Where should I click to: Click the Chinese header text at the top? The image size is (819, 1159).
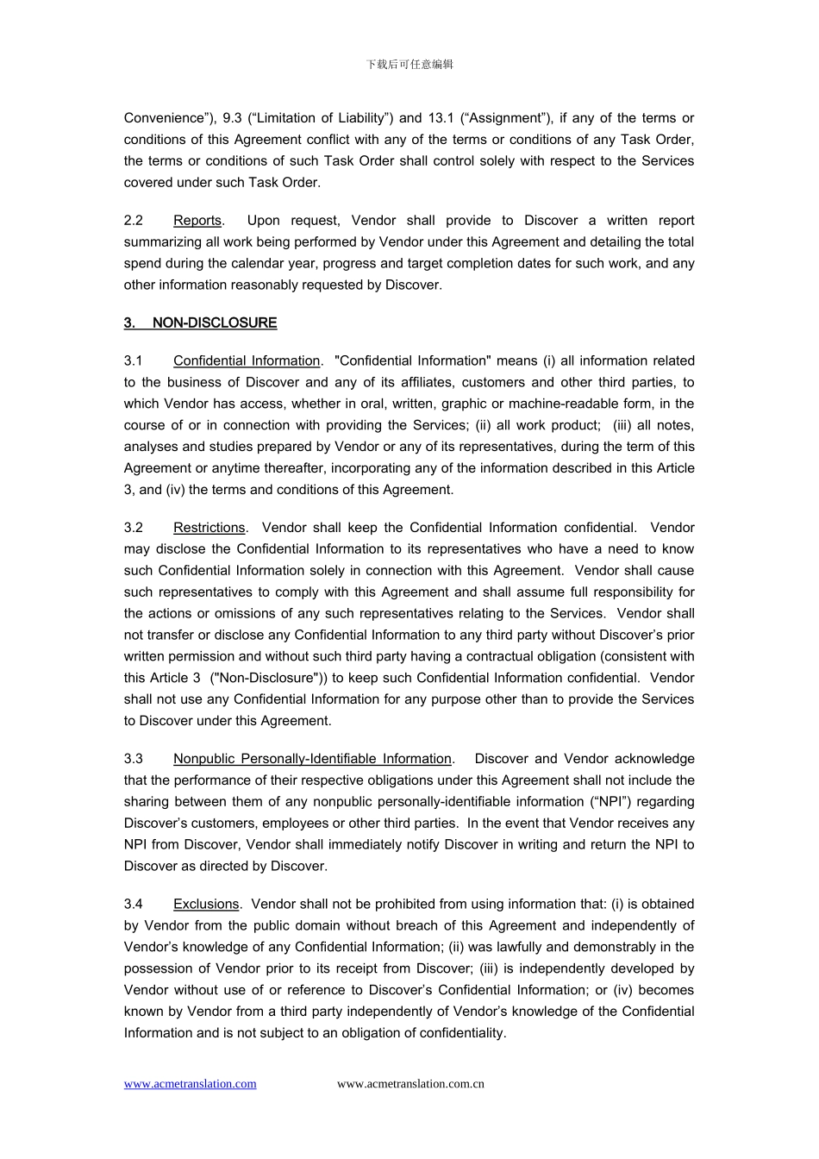(409, 65)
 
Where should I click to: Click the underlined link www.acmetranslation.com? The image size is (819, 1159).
(190, 1084)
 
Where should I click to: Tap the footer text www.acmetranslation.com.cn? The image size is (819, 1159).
(410, 1084)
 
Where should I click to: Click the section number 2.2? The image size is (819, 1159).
(134, 221)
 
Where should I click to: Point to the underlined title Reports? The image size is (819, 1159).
(197, 221)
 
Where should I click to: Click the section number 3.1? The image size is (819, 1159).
(134, 361)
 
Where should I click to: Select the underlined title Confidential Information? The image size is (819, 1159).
(247, 361)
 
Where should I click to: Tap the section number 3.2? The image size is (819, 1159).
(134, 528)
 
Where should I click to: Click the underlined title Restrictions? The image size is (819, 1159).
(209, 528)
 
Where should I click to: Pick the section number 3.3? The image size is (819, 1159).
(134, 759)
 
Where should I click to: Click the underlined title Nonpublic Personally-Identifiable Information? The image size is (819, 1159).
(312, 759)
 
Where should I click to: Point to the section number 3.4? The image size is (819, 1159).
(134, 905)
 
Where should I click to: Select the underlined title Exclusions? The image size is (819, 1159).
(206, 905)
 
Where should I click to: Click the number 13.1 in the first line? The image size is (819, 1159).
(441, 118)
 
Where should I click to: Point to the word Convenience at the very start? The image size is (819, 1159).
(164, 118)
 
